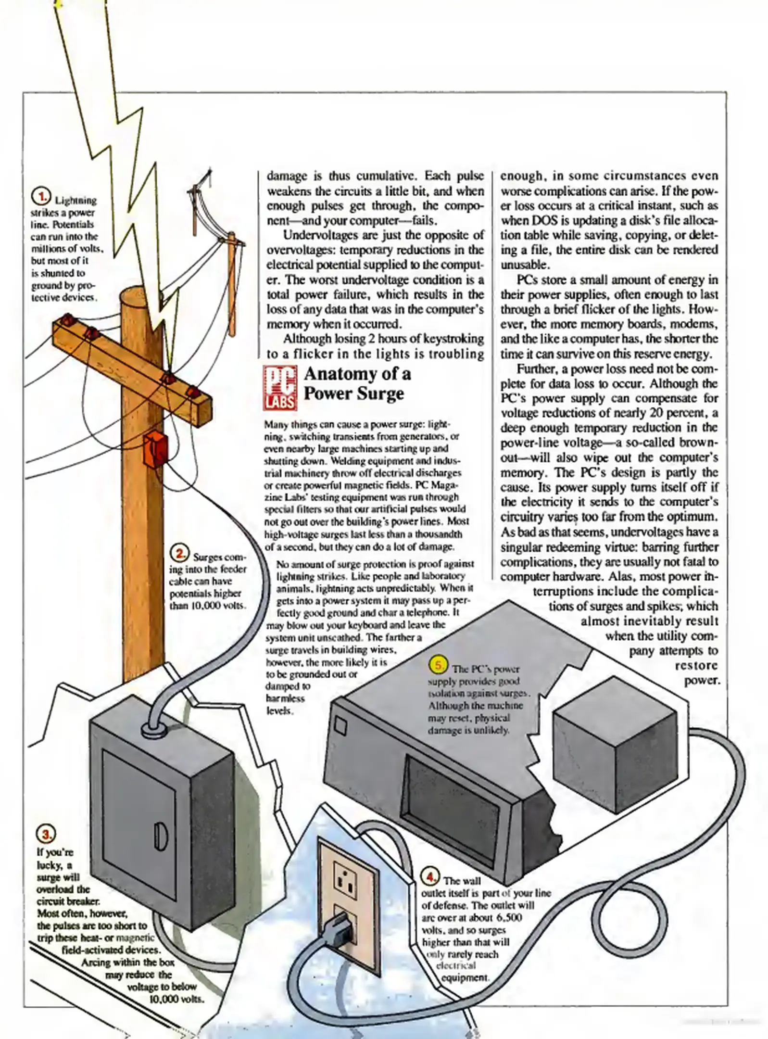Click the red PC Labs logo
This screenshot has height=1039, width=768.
point(279,388)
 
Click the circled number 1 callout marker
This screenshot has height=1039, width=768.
point(41,196)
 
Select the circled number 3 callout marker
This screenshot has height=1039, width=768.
point(47,834)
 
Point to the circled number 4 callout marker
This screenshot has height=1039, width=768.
point(429,876)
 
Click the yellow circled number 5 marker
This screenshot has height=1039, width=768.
point(438,665)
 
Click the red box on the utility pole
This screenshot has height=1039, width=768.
point(155,448)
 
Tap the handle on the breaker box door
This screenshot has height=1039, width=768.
point(160,836)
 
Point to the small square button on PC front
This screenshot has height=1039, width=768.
point(340,725)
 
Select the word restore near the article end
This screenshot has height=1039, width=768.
point(696,665)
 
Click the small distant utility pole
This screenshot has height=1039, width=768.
point(231,284)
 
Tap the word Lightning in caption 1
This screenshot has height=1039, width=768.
point(75,200)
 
